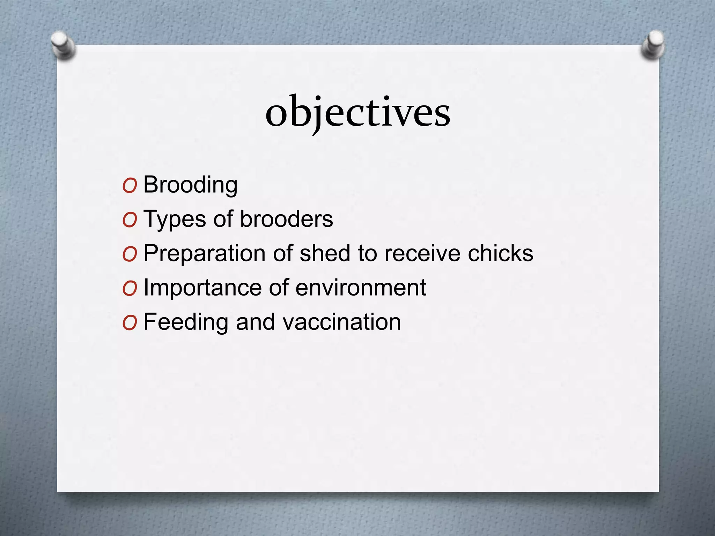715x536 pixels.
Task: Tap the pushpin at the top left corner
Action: click(x=62, y=45)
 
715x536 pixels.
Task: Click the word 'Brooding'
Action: click(x=190, y=185)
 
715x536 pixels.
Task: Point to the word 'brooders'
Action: click(x=286, y=219)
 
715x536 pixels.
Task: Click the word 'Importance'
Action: click(x=202, y=288)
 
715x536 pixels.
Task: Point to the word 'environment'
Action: click(x=361, y=288)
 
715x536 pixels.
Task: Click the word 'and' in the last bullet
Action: click(x=255, y=322)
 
